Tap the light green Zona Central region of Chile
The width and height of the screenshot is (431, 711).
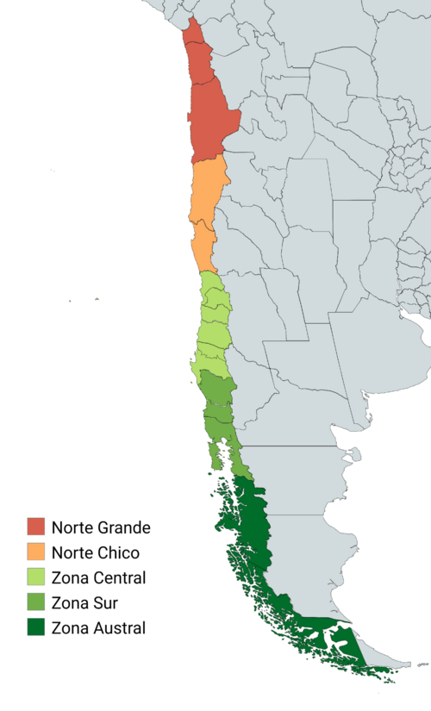coord(212,327)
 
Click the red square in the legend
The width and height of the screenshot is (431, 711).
coord(35,527)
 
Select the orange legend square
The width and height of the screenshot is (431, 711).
coord(35,552)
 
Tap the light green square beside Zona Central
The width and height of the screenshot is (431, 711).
coord(35,577)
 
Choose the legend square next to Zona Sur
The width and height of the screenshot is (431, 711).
coord(35,602)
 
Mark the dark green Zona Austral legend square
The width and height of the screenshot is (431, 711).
coord(35,627)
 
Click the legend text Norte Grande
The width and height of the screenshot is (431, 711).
coord(101,527)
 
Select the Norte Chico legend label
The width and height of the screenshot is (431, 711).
coord(95,552)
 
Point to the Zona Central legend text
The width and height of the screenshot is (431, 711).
coord(98,577)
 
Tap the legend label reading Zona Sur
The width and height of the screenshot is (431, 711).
coord(85,602)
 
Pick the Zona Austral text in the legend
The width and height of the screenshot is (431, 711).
coord(98,627)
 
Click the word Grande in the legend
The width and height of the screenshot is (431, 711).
coord(123,527)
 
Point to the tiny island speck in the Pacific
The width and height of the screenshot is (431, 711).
coord(97,300)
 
